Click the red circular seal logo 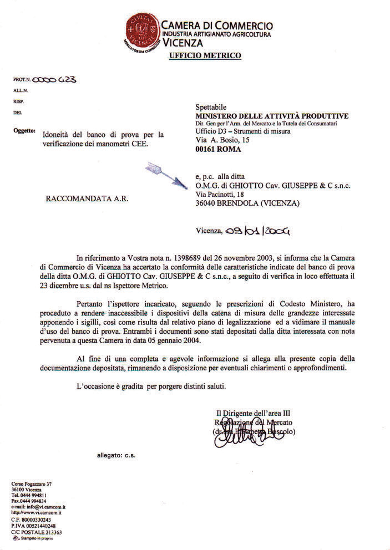point(141,30)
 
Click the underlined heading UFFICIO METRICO point(204,55)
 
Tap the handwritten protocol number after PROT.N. point(54,79)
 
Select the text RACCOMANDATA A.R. point(87,198)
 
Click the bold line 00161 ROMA point(216,150)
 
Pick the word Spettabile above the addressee point(211,107)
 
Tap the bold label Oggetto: point(23,131)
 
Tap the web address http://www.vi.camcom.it point(37,513)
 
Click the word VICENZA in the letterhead point(183,43)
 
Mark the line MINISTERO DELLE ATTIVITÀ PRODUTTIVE point(272,116)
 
